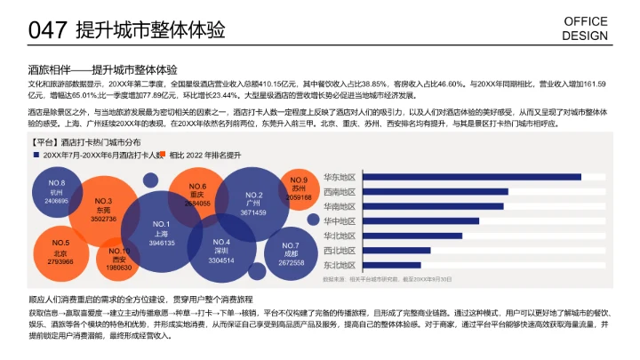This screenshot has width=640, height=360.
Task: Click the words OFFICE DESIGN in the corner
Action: [x=586, y=29]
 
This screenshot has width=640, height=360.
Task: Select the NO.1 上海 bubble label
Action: [x=161, y=233]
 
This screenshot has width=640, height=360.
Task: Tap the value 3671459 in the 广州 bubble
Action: [x=253, y=212]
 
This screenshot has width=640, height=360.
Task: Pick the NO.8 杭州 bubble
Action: [x=57, y=191]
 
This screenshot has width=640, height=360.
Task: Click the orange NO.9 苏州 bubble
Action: [x=299, y=188]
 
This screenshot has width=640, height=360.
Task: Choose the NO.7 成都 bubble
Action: [x=291, y=253]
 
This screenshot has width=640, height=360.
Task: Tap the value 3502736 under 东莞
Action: [x=103, y=218]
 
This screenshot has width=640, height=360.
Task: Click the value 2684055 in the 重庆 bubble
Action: [x=197, y=203]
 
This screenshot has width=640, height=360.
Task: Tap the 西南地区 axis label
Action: [x=340, y=192]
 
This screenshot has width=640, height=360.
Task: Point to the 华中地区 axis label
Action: [x=340, y=221]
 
